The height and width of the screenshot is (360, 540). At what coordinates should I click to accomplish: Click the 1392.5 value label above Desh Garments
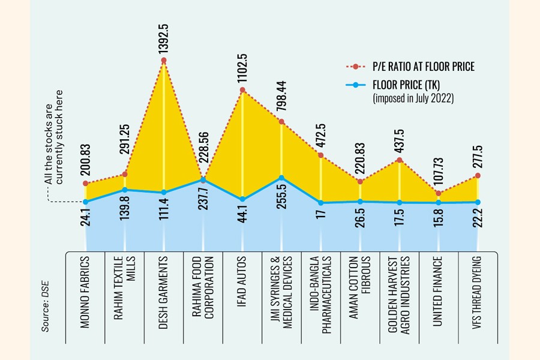coord(163,37)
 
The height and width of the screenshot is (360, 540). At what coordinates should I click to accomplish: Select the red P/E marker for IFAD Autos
coord(242,91)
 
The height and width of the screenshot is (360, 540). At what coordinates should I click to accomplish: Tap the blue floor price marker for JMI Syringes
coord(281,178)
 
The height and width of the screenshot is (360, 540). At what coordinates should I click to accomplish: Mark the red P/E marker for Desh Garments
coord(164,61)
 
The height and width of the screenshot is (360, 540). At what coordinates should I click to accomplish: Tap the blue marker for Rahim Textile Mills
coord(125,190)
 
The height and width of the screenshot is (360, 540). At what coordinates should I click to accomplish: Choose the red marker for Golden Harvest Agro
coord(399,160)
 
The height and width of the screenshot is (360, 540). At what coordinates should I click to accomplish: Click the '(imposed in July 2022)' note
coord(413,98)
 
